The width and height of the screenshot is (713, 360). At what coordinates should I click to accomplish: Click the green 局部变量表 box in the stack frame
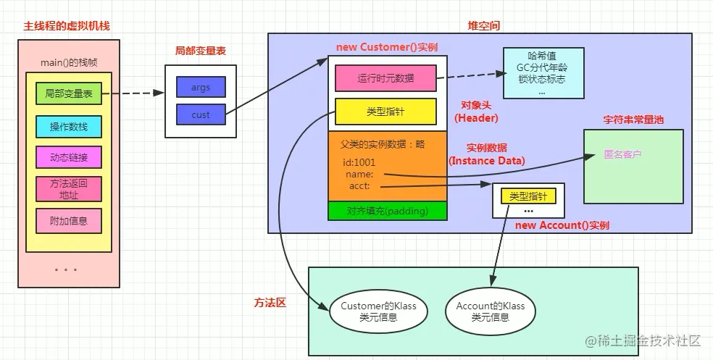pos(69,93)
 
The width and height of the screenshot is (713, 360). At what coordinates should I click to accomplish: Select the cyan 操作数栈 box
pos(69,127)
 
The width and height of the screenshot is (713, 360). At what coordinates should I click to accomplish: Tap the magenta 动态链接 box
pos(69,157)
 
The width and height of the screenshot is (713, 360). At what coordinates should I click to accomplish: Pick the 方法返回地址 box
pos(69,189)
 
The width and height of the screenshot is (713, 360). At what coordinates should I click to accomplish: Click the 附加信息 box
pos(69,220)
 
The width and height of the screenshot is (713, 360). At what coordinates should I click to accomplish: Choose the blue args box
pos(201,87)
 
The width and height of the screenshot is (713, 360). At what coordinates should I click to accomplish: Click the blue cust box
pos(201,114)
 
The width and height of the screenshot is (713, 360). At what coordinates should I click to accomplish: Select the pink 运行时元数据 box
pos(385,78)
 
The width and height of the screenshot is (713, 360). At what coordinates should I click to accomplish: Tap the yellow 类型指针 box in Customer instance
pos(385,111)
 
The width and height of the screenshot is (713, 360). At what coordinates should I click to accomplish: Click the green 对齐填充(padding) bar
pos(388,211)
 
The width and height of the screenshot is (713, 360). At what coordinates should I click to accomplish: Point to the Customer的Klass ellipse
pos(378,311)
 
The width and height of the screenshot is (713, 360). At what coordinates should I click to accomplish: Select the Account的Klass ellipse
pos(491,311)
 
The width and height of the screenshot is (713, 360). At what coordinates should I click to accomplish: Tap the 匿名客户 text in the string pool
pos(622,154)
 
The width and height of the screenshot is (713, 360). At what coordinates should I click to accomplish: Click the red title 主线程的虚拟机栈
pos(61,25)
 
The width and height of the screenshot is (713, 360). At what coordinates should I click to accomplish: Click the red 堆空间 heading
pos(483,25)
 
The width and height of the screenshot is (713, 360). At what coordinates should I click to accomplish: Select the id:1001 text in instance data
pos(359,162)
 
